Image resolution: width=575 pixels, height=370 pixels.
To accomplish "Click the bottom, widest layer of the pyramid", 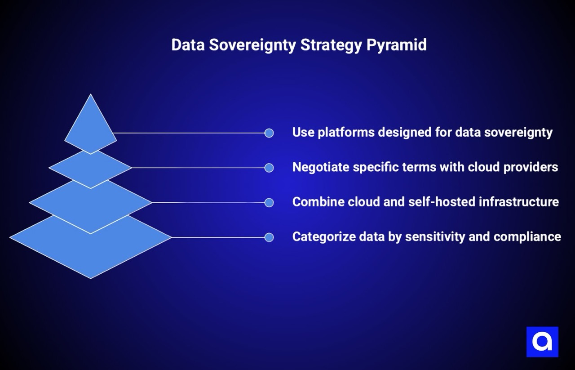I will [x=91, y=252].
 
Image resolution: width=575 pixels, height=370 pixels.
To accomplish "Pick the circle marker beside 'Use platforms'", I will [x=269, y=133].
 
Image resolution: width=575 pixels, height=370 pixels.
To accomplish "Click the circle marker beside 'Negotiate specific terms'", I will [x=269, y=168].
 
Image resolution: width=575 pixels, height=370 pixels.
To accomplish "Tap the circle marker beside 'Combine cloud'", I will [x=269, y=203].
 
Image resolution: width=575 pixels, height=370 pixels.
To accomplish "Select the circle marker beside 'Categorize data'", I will [x=269, y=237].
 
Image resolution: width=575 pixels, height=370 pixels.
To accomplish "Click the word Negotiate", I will [x=321, y=167].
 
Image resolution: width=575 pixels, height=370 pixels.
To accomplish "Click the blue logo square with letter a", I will [x=542, y=342].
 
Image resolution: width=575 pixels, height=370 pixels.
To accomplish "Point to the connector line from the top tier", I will [x=189, y=133].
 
